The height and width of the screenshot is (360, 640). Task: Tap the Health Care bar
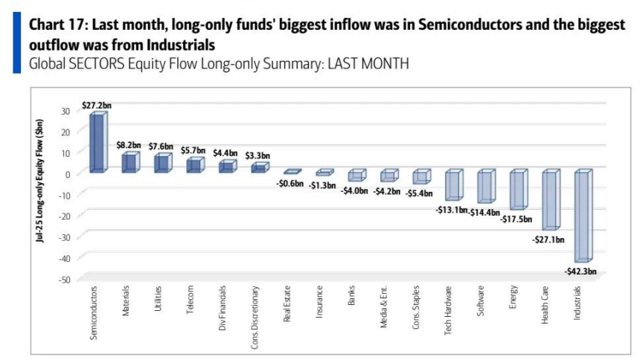point(550,200)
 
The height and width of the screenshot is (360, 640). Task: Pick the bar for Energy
point(518,190)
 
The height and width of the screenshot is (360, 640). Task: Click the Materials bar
point(129,163)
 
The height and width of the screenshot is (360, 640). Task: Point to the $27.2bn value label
point(97,106)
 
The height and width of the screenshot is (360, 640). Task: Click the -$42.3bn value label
point(580,271)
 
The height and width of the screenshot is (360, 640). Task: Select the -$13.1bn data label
point(451,210)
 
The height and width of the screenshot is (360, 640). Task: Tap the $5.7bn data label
point(193,150)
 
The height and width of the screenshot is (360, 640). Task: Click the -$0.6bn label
point(289,183)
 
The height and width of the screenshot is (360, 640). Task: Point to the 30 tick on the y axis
point(65,111)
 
